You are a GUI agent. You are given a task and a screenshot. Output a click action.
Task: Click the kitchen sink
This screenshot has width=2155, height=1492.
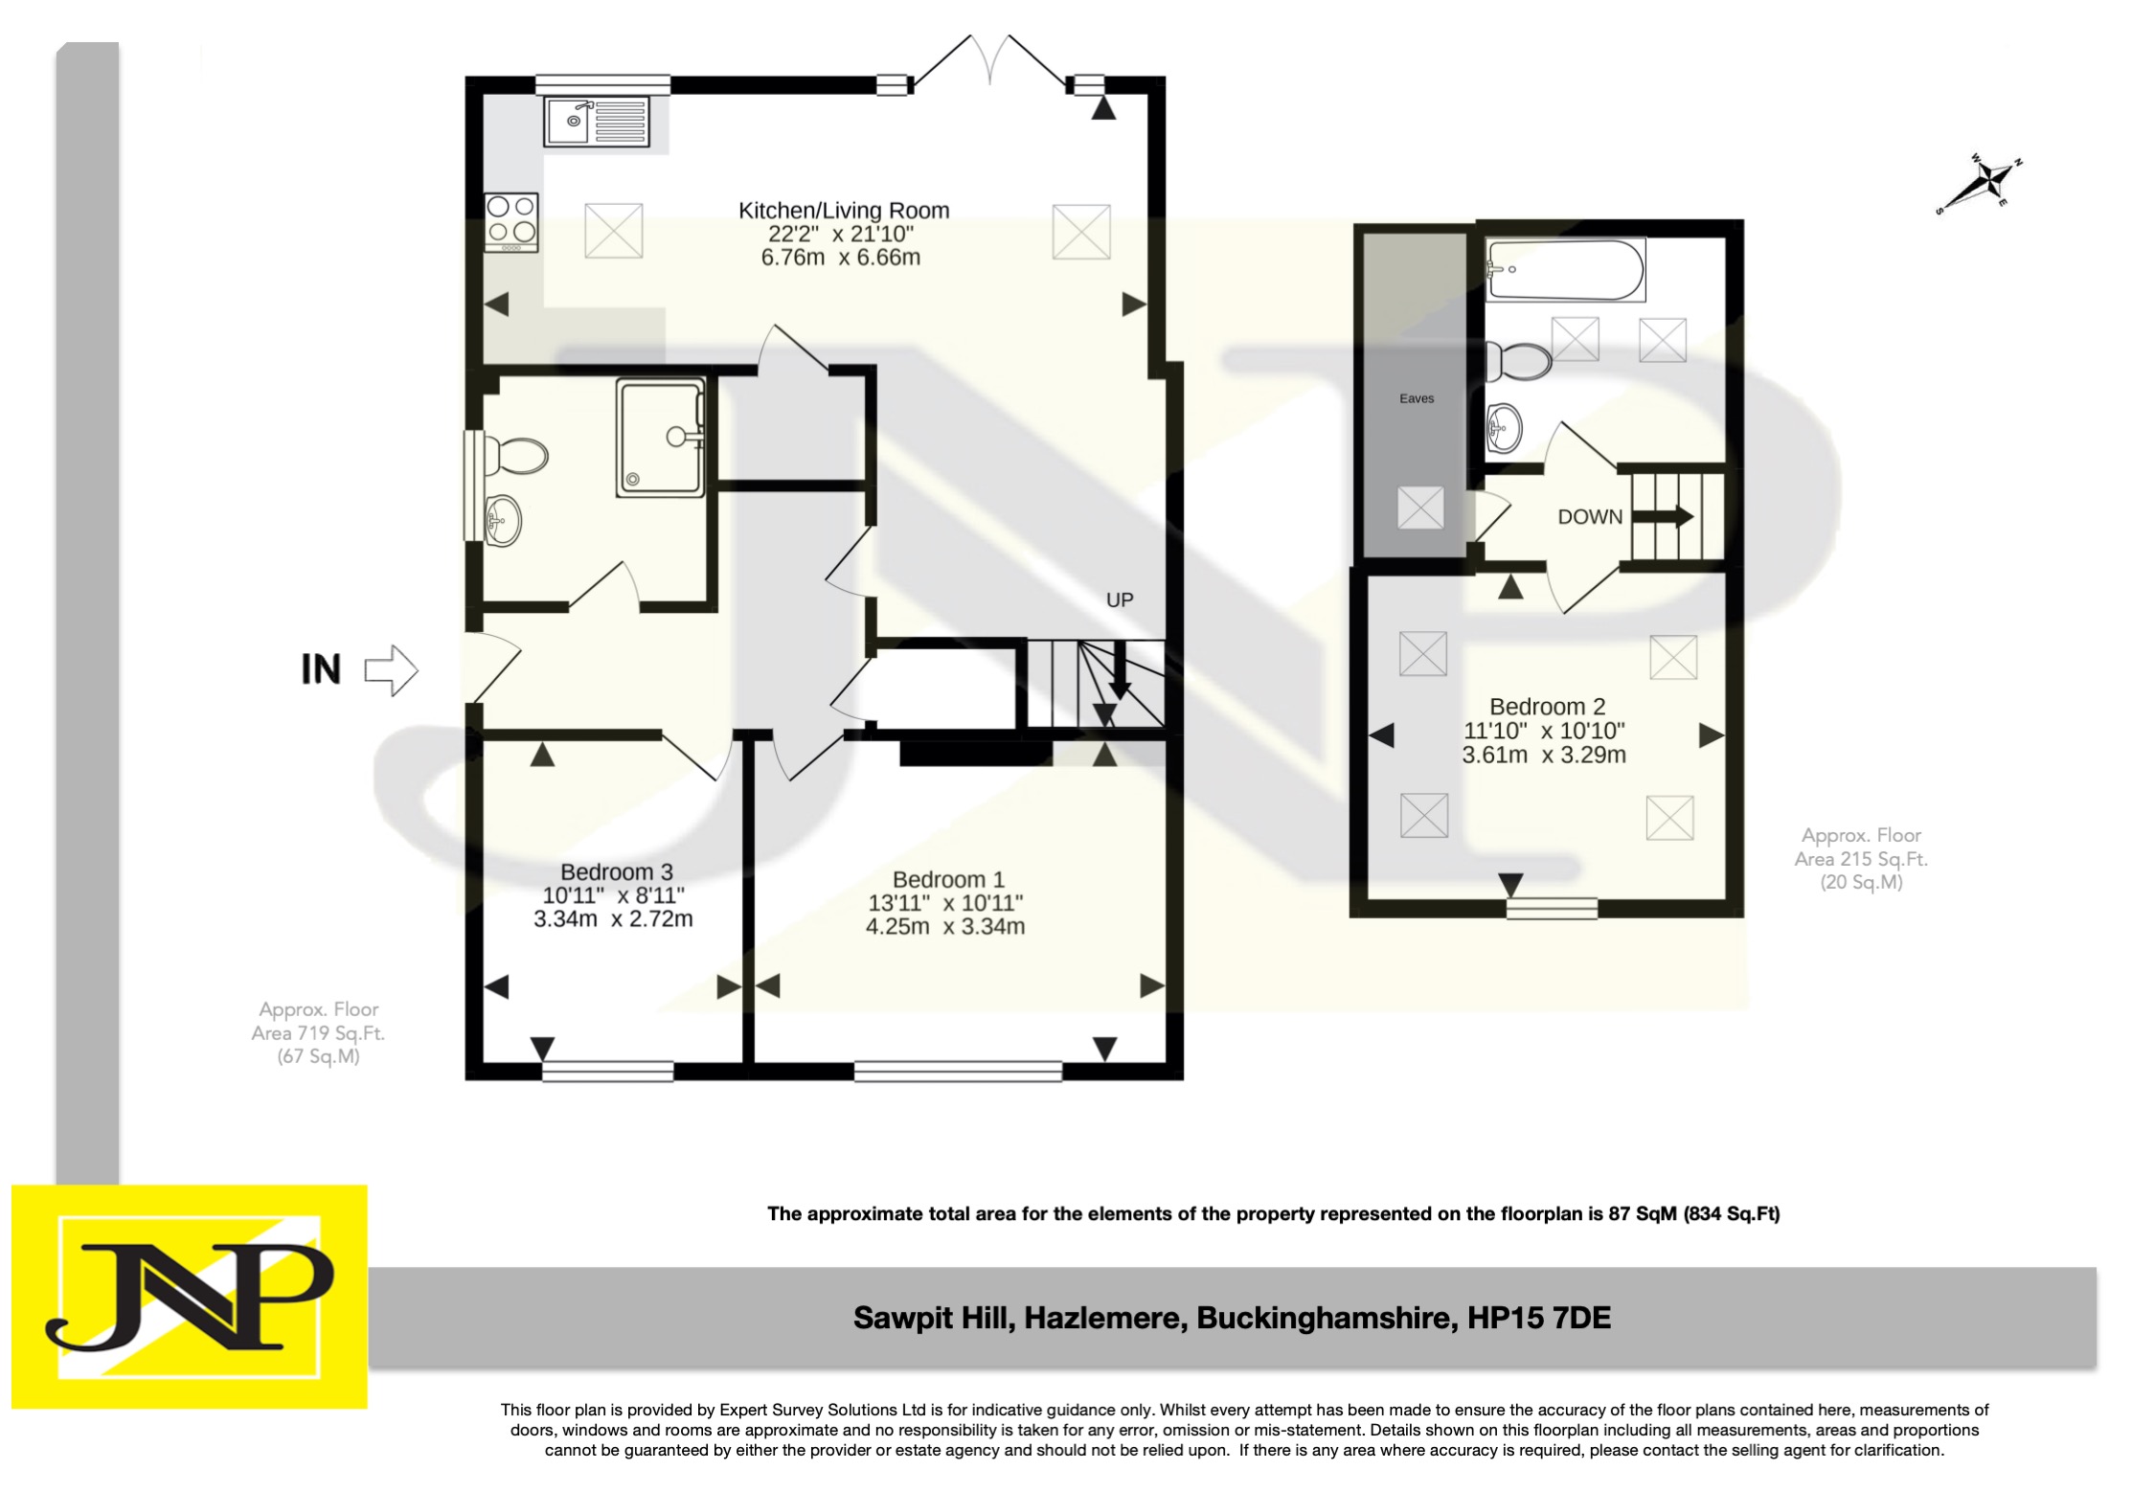596,122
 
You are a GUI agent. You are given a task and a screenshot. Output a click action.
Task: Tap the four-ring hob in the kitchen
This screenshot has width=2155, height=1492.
511,222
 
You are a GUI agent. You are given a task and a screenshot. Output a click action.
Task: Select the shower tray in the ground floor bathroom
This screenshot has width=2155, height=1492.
660,437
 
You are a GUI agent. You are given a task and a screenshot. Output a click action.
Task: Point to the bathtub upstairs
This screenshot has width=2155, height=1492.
1564,270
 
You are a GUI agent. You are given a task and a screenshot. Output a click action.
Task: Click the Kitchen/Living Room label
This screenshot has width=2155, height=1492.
843,211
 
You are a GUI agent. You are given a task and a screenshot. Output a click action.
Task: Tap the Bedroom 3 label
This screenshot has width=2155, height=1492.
616,872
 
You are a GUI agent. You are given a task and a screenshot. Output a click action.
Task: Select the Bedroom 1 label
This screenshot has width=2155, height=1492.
947,880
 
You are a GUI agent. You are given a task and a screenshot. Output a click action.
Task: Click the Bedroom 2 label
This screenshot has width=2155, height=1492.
1547,708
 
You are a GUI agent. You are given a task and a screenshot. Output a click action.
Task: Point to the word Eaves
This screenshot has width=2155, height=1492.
1416,398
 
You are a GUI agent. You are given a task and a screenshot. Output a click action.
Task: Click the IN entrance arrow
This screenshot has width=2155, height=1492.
391,669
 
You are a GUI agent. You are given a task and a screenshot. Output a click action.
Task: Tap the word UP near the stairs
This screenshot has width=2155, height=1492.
1119,600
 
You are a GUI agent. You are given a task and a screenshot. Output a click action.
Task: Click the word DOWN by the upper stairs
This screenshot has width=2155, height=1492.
1589,517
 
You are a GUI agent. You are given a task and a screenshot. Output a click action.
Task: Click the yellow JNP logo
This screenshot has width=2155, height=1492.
189,1297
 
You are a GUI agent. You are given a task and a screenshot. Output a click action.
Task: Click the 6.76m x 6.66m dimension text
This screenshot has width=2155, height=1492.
840,258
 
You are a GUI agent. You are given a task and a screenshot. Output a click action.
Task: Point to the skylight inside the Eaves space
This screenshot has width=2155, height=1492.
1419,508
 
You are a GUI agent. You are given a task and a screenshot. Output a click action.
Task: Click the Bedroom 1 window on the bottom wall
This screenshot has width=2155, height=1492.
958,1071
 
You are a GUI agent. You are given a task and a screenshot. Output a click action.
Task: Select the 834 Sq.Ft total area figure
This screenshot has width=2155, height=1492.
1731,1214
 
